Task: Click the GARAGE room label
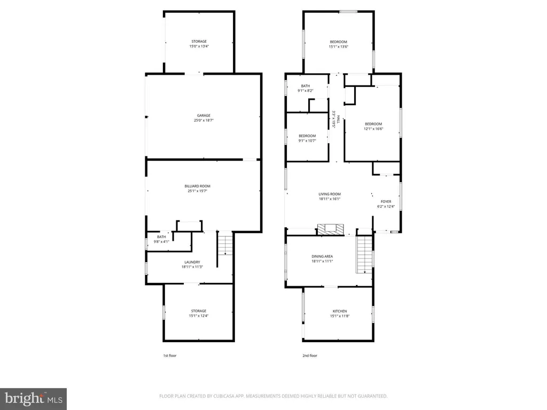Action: click(x=203, y=115)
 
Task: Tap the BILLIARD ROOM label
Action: click(x=198, y=186)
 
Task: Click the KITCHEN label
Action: click(x=340, y=311)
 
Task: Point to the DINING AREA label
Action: click(x=322, y=256)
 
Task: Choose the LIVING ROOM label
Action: click(x=330, y=194)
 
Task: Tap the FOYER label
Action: click(x=386, y=201)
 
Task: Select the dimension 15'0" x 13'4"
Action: click(x=199, y=46)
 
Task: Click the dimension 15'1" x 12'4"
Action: click(x=199, y=316)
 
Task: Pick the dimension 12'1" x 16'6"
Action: click(x=373, y=129)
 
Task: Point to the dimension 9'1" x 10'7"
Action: click(x=307, y=141)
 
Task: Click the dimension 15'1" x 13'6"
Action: click(x=338, y=47)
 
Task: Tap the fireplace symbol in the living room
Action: click(x=331, y=230)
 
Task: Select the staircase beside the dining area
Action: click(x=364, y=255)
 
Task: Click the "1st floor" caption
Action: click(x=169, y=356)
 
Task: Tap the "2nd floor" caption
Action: click(x=310, y=356)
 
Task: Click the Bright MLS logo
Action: click(x=33, y=398)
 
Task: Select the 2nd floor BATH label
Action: click(x=305, y=86)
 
